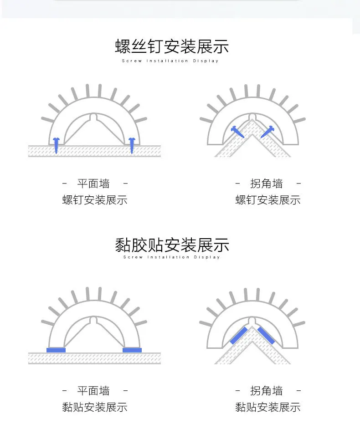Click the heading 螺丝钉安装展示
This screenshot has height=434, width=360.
coord(172,46)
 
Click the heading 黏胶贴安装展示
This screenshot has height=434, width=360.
coord(172,245)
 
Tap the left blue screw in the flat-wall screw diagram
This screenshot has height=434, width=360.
coord(56,145)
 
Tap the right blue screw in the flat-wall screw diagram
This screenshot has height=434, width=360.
coord(132,145)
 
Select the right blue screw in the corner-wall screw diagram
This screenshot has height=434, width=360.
coord(267,132)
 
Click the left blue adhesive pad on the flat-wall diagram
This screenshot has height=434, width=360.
coord(56,350)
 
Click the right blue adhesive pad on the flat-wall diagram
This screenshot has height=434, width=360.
coord(132,350)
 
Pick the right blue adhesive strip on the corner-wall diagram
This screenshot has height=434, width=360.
coord(267,335)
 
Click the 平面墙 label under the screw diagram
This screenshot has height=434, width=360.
coord(93,184)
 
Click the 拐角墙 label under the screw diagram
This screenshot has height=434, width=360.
coord(267,184)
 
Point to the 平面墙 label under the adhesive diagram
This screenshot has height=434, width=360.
coord(93,391)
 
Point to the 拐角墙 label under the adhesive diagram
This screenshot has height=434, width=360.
coord(267,391)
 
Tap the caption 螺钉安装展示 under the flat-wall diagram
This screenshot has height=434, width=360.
coord(95,200)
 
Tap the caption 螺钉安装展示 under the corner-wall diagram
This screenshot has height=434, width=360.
coord(268,200)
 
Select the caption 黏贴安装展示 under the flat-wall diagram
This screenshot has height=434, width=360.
coord(95,407)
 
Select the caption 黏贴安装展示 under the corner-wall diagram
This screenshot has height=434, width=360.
coord(268,407)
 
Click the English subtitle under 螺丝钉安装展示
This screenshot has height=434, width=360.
coord(170,61)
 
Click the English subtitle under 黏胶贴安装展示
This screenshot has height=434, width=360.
coord(171,257)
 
